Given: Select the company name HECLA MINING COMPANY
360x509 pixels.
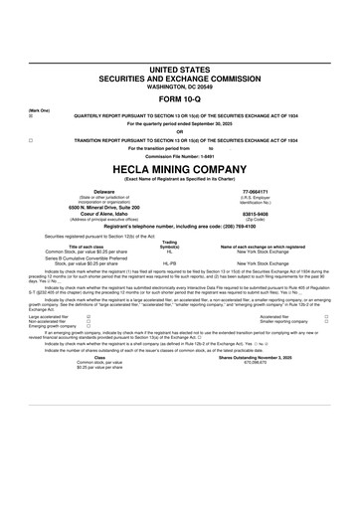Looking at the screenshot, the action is click(179, 168).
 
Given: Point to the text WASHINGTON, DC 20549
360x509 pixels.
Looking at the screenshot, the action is click(179, 84).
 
